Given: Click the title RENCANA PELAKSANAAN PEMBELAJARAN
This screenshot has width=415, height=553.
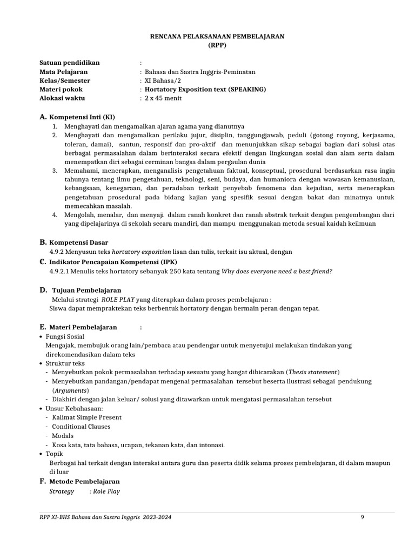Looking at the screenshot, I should coord(217,36).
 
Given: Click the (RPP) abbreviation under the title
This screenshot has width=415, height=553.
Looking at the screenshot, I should coord(217,45).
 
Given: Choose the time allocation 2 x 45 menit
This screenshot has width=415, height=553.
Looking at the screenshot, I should coord(163,98).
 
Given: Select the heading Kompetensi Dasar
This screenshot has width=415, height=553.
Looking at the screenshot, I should coord(78,242).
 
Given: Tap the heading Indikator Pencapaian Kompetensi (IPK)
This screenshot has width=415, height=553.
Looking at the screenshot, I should coord(114,262).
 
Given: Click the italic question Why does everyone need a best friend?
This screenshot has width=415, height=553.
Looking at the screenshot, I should coord(277,271).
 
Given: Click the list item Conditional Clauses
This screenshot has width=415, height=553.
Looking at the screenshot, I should coord(81,427).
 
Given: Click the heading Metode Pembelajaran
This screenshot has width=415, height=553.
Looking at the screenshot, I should coord(84,481).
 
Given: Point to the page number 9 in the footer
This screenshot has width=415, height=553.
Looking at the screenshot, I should coord(363,517).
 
